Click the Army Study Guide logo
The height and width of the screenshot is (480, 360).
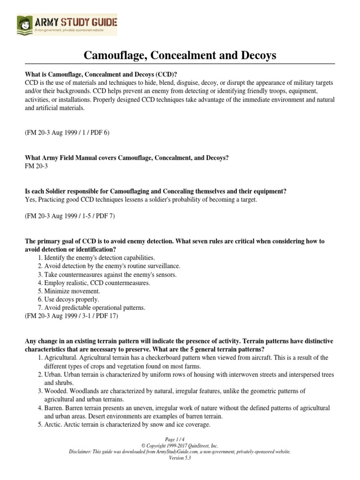[67, 24]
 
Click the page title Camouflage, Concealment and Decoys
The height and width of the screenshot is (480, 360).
[180, 56]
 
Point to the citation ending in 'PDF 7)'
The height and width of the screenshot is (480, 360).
[70, 216]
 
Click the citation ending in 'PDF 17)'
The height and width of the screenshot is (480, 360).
[71, 316]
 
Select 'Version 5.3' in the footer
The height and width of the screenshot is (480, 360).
[180, 458]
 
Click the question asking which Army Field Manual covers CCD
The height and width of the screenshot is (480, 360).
[127, 158]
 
